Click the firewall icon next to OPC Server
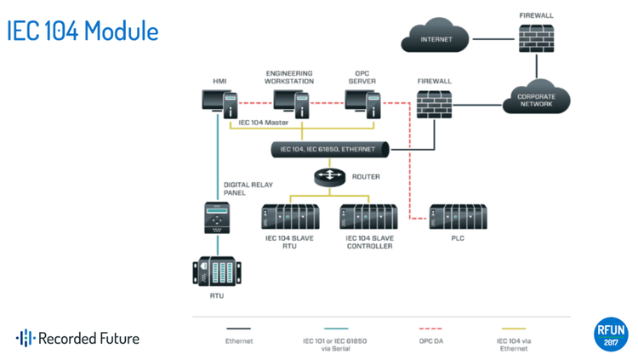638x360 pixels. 434,103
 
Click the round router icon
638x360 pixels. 328,177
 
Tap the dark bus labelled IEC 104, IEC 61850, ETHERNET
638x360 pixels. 328,150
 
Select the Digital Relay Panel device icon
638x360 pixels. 217,219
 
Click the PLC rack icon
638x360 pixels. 458,217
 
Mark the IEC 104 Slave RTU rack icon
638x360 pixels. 290,218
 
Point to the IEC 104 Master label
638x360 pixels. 264,123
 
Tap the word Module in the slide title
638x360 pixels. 122,31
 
